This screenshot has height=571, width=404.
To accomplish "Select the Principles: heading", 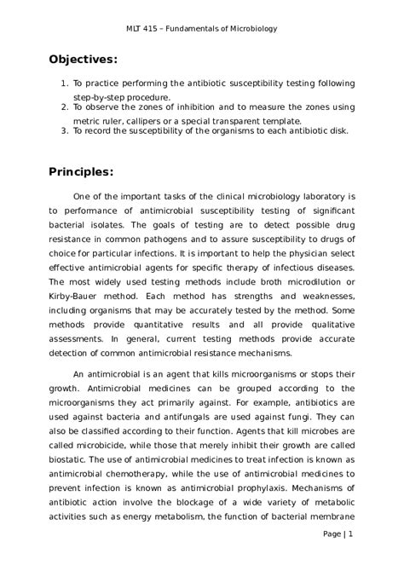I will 83,171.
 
